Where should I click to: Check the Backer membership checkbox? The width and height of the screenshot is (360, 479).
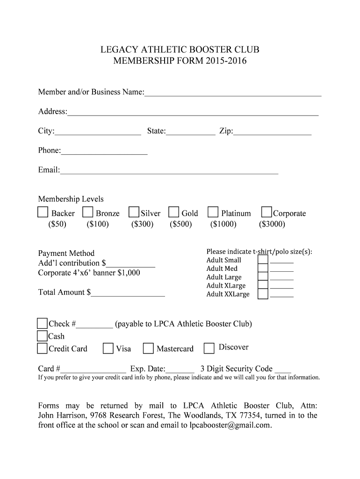point(43,213)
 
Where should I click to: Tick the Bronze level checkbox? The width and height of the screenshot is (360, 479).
point(87,213)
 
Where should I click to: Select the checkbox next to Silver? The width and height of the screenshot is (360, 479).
point(134,213)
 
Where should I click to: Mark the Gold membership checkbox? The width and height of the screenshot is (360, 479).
point(174,213)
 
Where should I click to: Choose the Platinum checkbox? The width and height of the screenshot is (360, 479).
point(213,213)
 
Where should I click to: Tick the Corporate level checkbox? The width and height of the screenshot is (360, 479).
point(266,213)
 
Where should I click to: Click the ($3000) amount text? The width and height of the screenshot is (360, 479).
point(272,224)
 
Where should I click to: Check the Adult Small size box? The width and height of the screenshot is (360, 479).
point(263,260)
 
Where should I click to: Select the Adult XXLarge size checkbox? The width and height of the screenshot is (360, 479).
point(263,294)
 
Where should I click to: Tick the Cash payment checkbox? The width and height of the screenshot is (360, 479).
point(43,336)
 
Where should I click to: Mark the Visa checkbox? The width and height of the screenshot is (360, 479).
point(108,348)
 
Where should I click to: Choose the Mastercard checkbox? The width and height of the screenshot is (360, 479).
point(149,348)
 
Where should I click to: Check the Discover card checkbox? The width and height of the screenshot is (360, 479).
point(209,348)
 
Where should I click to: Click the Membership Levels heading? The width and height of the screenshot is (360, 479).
point(71,199)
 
